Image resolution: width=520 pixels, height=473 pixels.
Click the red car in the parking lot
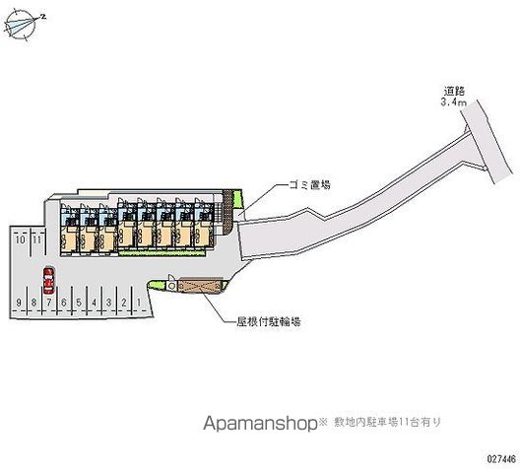coord(49,281)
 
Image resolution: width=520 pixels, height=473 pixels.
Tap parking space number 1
coord(139,303)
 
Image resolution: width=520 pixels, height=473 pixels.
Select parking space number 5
coord(79,303)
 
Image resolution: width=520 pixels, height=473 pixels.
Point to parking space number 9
coord(19,303)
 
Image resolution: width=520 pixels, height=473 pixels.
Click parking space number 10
coord(21,239)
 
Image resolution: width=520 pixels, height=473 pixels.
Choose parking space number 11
coord(37,239)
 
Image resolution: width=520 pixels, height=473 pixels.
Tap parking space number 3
coord(108,303)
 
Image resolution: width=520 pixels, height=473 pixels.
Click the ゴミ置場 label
coord(310,184)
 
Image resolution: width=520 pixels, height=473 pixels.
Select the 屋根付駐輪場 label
coord(269,321)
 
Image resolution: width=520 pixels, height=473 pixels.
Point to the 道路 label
coord(454,91)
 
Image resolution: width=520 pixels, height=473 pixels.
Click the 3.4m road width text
coord(453,101)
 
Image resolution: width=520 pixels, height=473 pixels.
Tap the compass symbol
coord(22,26)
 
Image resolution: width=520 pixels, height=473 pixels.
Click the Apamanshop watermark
coord(260,423)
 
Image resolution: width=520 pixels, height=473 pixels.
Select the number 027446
coord(501,459)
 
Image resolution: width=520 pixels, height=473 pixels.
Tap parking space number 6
coord(64,303)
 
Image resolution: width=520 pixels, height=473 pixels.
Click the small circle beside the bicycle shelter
coord(171,286)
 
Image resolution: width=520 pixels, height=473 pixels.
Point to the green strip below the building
coord(162,253)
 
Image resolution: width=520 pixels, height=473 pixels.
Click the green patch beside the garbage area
coord(238,200)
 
